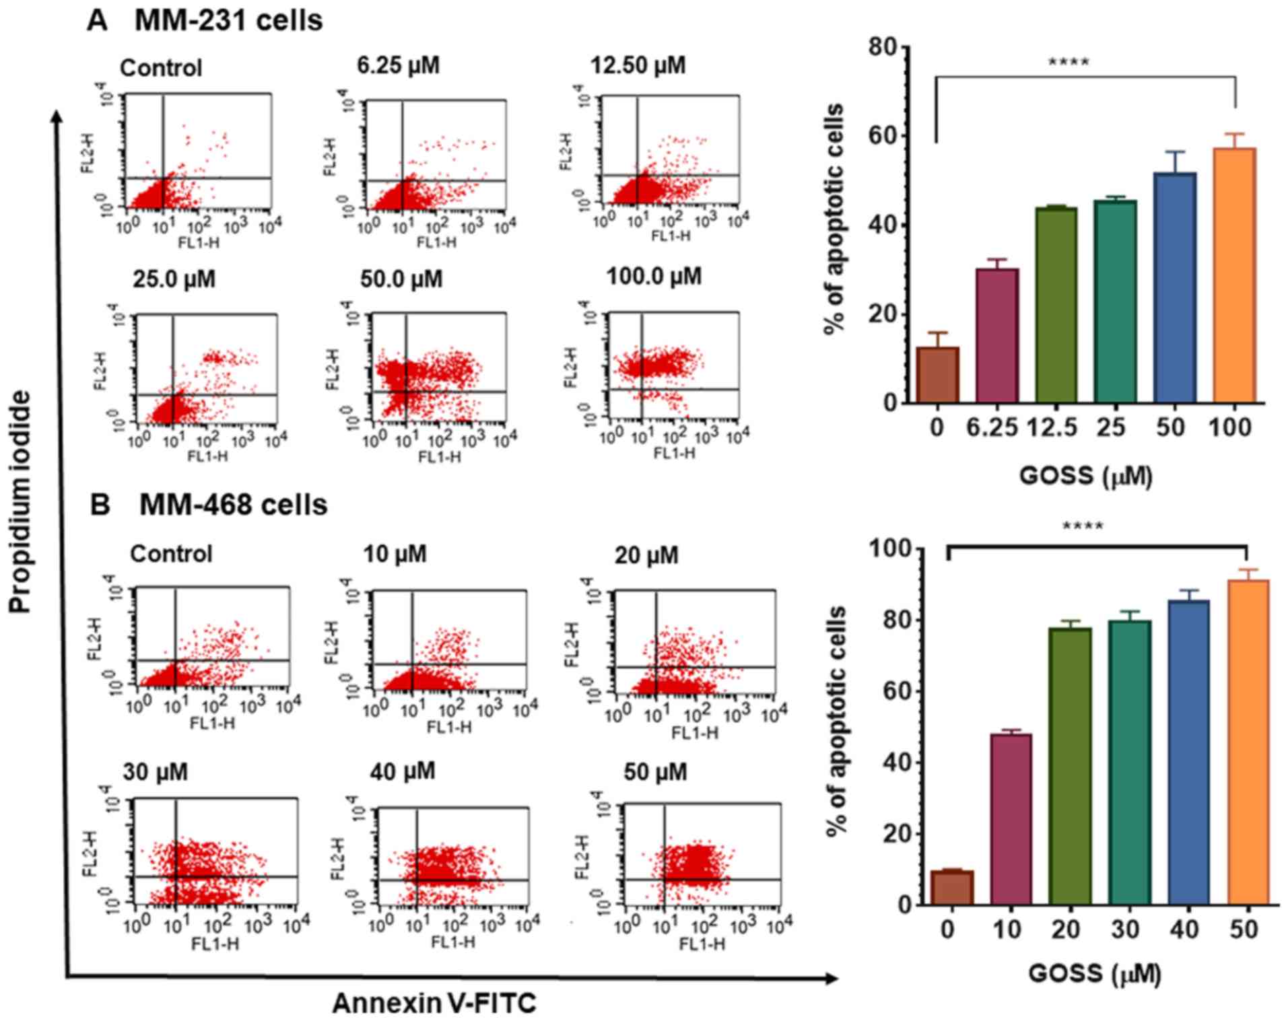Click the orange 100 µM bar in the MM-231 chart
pyautogui.click(x=1233, y=276)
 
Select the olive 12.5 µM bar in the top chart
pyautogui.click(x=1056, y=306)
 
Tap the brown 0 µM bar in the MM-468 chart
pyautogui.click(x=951, y=888)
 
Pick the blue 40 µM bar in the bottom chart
pyautogui.click(x=1188, y=752)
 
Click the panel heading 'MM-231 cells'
pyautogui.click(x=228, y=21)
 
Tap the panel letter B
pyautogui.click(x=100, y=505)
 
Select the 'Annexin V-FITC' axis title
pyautogui.click(x=434, y=1003)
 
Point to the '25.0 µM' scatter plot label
pyautogui.click(x=174, y=279)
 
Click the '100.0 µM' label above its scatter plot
pyautogui.click(x=654, y=276)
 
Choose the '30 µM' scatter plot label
pyautogui.click(x=155, y=772)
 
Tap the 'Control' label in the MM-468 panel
pyautogui.click(x=171, y=554)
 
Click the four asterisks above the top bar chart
pyautogui.click(x=1069, y=63)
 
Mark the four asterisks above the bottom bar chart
pyautogui.click(x=1083, y=526)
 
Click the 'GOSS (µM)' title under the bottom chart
pyautogui.click(x=1094, y=974)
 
